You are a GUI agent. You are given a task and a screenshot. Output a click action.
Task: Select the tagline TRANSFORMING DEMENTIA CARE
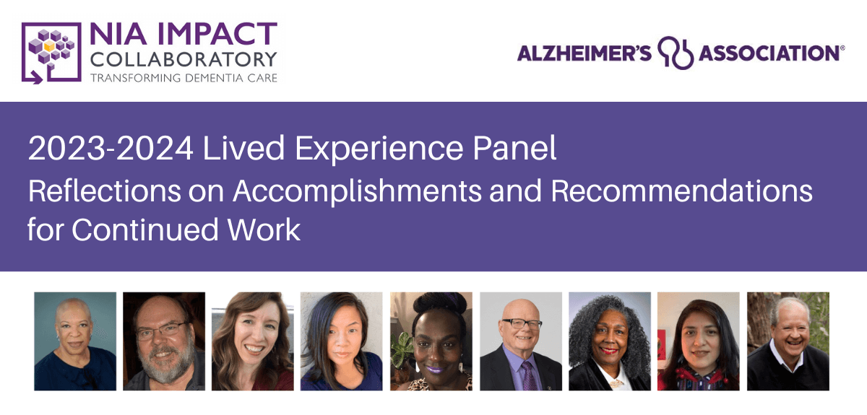pos(184,77)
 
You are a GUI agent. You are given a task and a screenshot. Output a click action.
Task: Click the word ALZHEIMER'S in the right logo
pos(584,53)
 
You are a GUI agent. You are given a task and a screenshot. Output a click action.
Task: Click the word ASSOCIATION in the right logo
pos(767,53)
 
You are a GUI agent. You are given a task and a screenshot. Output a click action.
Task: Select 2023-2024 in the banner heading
pos(111,150)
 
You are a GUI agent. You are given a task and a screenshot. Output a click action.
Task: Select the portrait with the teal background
pos(75,341)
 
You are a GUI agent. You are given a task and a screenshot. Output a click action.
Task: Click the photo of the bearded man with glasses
pos(164,341)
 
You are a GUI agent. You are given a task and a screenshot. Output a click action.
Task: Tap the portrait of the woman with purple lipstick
pos(431,341)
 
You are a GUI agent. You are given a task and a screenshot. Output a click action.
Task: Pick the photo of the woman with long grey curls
pos(610,341)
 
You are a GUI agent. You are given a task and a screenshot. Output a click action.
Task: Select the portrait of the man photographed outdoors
pos(788,341)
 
